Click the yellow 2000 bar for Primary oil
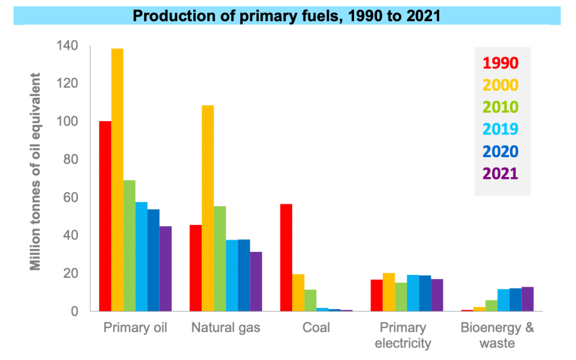click(117, 180)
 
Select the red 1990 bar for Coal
click(286, 258)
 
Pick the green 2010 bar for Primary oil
click(129, 245)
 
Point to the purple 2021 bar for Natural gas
click(256, 281)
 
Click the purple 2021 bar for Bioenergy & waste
click(527, 299)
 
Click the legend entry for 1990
click(500, 63)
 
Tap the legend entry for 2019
click(500, 129)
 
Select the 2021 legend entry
click(500, 173)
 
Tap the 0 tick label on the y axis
click(76, 311)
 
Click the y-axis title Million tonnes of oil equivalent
click(36, 172)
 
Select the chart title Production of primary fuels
click(287, 16)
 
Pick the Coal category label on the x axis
click(316, 328)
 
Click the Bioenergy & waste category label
click(497, 335)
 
